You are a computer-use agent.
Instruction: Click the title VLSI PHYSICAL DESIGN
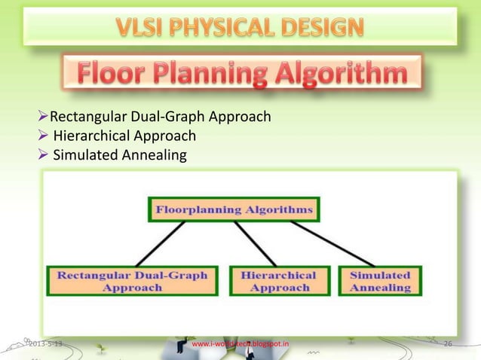tap(240, 29)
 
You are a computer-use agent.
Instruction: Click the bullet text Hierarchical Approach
tap(124, 136)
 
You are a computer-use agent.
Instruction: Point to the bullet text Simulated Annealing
tap(118, 155)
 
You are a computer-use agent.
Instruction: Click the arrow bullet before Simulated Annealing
tap(43, 155)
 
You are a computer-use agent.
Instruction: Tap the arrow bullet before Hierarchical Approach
tap(43, 136)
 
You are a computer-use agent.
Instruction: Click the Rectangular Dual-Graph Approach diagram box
tap(133, 281)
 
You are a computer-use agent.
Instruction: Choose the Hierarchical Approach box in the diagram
tap(278, 281)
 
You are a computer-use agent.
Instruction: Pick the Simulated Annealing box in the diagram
tap(380, 281)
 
